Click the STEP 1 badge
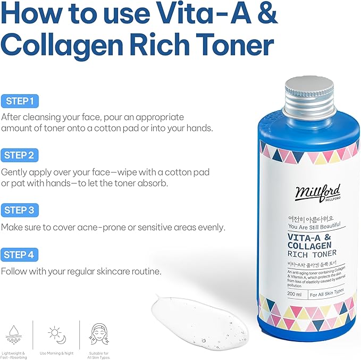pos(19,101)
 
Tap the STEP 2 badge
pos(19,155)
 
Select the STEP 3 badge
pos(19,210)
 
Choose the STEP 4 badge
pos(19,255)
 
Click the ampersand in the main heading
pos(265,14)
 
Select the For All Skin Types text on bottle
pos(327,293)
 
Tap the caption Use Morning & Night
pos(56,353)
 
